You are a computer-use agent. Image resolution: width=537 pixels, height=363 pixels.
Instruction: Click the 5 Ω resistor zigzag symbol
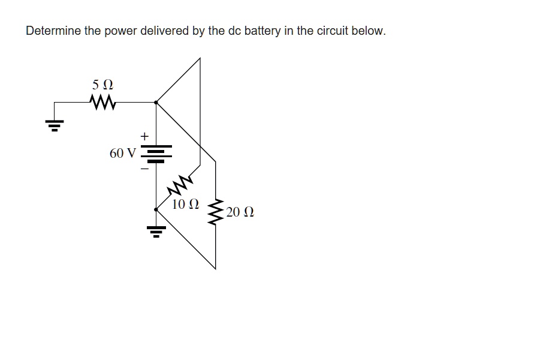102,102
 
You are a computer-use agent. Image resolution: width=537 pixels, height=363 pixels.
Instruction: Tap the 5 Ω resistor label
102,85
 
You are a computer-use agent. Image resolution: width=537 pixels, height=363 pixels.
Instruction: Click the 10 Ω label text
186,204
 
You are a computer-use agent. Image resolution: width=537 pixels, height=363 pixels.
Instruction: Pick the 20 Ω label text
240,212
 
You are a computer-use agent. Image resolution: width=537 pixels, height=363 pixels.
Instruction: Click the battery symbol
156,154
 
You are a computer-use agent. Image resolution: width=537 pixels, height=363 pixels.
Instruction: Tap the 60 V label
123,153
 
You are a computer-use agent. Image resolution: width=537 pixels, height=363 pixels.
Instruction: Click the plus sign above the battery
144,136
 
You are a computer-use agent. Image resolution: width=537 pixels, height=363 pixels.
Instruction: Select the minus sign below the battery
144,169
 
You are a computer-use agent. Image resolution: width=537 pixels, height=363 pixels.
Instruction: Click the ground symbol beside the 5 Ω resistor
54,125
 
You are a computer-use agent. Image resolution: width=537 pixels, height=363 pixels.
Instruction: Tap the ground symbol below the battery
156,232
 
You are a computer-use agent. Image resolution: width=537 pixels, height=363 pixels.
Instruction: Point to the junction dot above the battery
156,102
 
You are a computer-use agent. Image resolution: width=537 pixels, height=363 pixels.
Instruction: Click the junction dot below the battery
156,209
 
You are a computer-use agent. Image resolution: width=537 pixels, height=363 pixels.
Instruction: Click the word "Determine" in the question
53,31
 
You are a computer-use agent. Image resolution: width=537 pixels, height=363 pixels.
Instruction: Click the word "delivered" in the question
164,31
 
